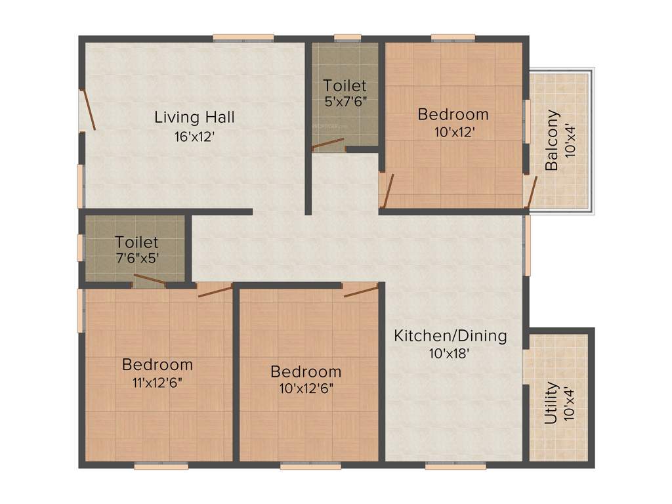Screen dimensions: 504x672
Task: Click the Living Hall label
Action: [x=194, y=117]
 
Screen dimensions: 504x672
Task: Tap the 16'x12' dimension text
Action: [x=194, y=138]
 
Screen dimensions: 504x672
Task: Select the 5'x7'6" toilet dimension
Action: [x=345, y=102]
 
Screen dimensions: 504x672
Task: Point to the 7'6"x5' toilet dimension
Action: [x=136, y=258]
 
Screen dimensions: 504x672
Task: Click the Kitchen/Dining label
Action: [x=450, y=336]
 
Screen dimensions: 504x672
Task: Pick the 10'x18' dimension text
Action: [x=450, y=353]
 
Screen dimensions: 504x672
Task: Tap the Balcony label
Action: [x=553, y=140]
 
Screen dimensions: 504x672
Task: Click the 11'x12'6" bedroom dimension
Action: [x=157, y=381]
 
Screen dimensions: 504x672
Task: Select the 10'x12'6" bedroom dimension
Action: [x=306, y=388]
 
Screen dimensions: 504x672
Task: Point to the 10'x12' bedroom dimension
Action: [x=453, y=131]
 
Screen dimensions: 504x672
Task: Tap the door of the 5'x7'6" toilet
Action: [x=327, y=144]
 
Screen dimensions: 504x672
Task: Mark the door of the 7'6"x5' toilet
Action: [x=150, y=280]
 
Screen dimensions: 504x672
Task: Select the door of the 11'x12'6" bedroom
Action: [x=215, y=290]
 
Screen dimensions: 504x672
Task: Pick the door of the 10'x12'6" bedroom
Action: [x=361, y=290]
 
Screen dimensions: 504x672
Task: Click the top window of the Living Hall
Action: [x=243, y=37]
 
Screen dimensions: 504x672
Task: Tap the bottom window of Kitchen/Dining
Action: [x=455, y=466]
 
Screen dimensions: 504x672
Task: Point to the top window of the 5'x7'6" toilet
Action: [x=347, y=37]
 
